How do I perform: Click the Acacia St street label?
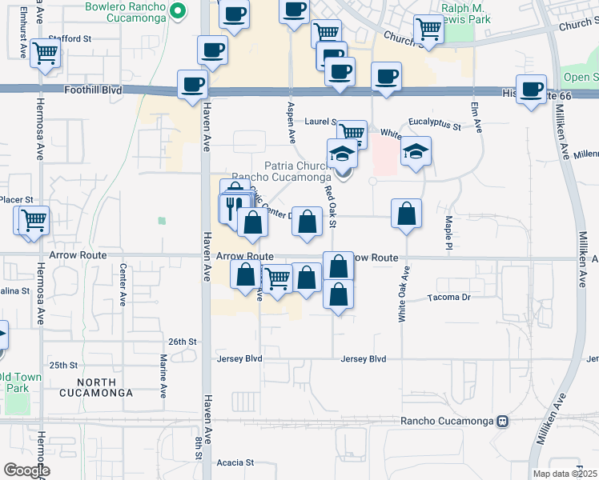235,462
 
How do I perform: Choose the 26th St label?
182,342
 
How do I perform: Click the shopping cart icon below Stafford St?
46,54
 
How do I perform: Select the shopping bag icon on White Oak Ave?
406,214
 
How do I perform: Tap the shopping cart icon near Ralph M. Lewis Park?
429,28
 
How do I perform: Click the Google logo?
26,470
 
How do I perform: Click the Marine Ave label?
163,376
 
